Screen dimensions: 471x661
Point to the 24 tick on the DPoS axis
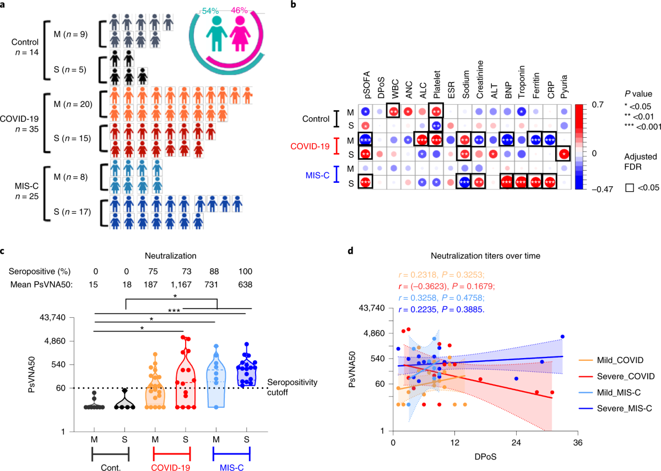click(x=517, y=442)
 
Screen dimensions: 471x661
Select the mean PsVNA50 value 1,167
click(x=185, y=285)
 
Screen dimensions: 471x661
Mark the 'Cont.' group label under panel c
click(x=110, y=465)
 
